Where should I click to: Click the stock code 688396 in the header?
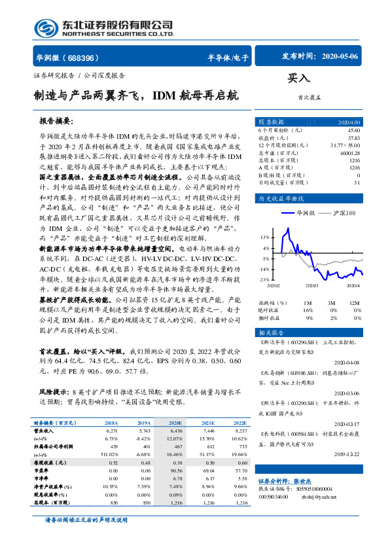click(84, 57)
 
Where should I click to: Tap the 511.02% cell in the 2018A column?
click(105, 453)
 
